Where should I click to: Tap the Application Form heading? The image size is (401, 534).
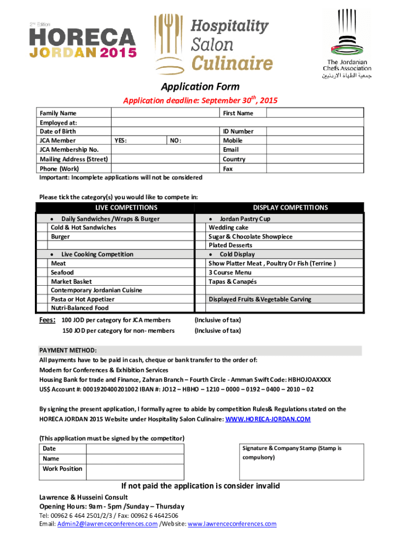(x=200, y=87)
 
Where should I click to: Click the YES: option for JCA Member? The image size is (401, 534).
(x=120, y=141)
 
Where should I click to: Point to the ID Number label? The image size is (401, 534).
(x=238, y=131)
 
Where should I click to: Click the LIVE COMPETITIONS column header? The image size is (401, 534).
(x=116, y=208)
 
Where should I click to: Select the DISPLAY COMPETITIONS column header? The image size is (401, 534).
(x=290, y=208)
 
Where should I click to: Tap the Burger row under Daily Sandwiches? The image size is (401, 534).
(x=60, y=236)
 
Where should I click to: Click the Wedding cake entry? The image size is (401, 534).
(x=229, y=227)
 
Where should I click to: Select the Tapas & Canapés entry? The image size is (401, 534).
(x=232, y=281)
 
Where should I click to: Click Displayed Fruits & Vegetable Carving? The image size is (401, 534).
(x=260, y=299)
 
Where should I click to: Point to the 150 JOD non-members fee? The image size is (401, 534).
(x=118, y=331)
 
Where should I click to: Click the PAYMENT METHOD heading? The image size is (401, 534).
(x=68, y=350)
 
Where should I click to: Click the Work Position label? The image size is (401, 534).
(x=62, y=469)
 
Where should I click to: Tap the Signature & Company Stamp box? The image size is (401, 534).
(x=301, y=462)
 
